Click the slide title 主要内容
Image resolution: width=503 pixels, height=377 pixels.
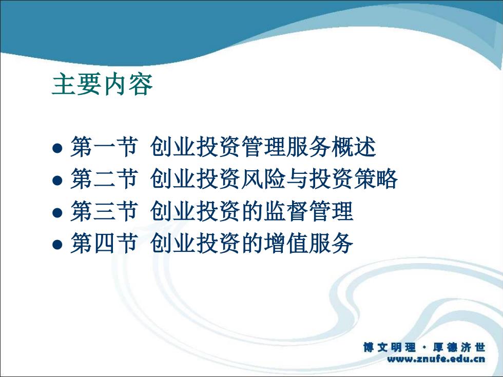(x=102, y=84)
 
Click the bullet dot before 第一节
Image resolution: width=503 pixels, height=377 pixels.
(x=57, y=148)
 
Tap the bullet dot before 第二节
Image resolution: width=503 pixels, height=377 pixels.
(x=57, y=180)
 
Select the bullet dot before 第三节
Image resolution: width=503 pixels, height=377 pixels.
(x=57, y=212)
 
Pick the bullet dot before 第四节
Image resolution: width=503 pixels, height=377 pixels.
(x=57, y=244)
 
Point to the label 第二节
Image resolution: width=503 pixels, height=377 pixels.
(x=104, y=179)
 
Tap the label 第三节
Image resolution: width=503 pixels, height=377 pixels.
(x=104, y=211)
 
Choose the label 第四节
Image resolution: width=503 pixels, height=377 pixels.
(x=104, y=243)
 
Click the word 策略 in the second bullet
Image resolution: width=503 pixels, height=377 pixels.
(x=376, y=179)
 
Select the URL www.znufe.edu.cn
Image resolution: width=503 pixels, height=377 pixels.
(x=436, y=359)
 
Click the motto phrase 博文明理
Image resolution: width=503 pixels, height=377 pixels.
(x=390, y=347)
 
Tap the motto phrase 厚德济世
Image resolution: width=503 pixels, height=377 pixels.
(x=459, y=347)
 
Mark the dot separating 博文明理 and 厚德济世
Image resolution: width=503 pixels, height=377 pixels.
(x=424, y=348)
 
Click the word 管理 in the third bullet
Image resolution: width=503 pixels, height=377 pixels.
(x=332, y=211)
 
